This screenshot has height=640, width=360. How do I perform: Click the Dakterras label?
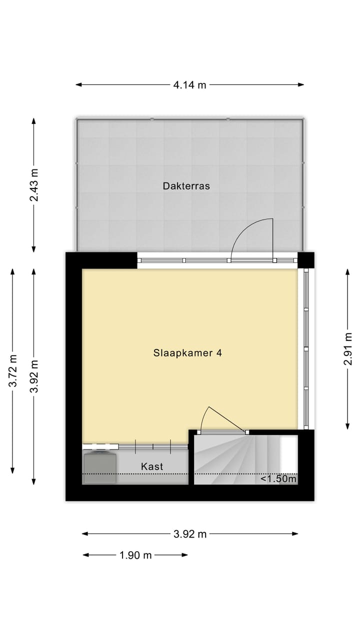[186, 186]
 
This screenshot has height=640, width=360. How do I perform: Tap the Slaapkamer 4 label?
[187, 353]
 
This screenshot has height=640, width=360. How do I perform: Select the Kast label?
[152, 466]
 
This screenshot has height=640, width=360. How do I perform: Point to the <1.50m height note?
[278, 479]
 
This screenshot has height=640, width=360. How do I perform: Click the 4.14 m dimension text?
[189, 85]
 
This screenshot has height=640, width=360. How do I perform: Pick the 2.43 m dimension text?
[34, 185]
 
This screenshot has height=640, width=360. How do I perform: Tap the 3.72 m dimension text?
[13, 370]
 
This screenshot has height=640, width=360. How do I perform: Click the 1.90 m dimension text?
[135, 555]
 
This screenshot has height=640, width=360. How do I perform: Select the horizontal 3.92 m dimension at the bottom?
[190, 534]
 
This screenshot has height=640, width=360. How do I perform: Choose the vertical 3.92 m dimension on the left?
[34, 376]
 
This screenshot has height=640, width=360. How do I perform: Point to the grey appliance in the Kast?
[100, 467]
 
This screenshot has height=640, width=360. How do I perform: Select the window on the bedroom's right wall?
[306, 349]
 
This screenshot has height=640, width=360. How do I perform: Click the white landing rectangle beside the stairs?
[288, 453]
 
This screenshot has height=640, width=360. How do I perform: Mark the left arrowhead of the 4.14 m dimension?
[78, 85]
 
